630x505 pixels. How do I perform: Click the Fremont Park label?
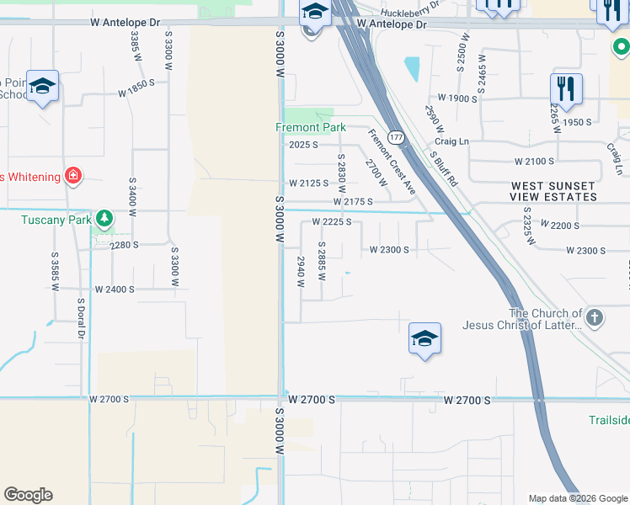pyautogui.click(x=311, y=128)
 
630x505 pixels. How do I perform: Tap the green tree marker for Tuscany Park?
pyautogui.click(x=104, y=219)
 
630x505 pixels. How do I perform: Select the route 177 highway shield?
pyautogui.click(x=394, y=136)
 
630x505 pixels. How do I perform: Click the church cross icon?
pyautogui.click(x=595, y=318)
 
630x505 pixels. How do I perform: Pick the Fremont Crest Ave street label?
pyautogui.click(x=391, y=162)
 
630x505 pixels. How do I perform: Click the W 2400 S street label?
pyautogui.click(x=115, y=289)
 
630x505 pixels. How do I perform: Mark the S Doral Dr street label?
pyautogui.click(x=82, y=319)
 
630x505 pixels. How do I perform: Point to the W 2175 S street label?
pyautogui.click(x=353, y=202)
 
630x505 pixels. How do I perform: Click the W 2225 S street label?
pyautogui.click(x=331, y=222)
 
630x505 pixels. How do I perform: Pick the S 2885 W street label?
pyautogui.click(x=322, y=261)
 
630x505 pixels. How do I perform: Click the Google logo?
pyautogui.click(x=28, y=495)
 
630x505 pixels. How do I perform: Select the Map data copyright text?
pyautogui.click(x=577, y=498)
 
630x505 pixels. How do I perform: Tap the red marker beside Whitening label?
pyautogui.click(x=74, y=176)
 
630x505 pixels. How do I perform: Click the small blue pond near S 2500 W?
pyautogui.click(x=412, y=68)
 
